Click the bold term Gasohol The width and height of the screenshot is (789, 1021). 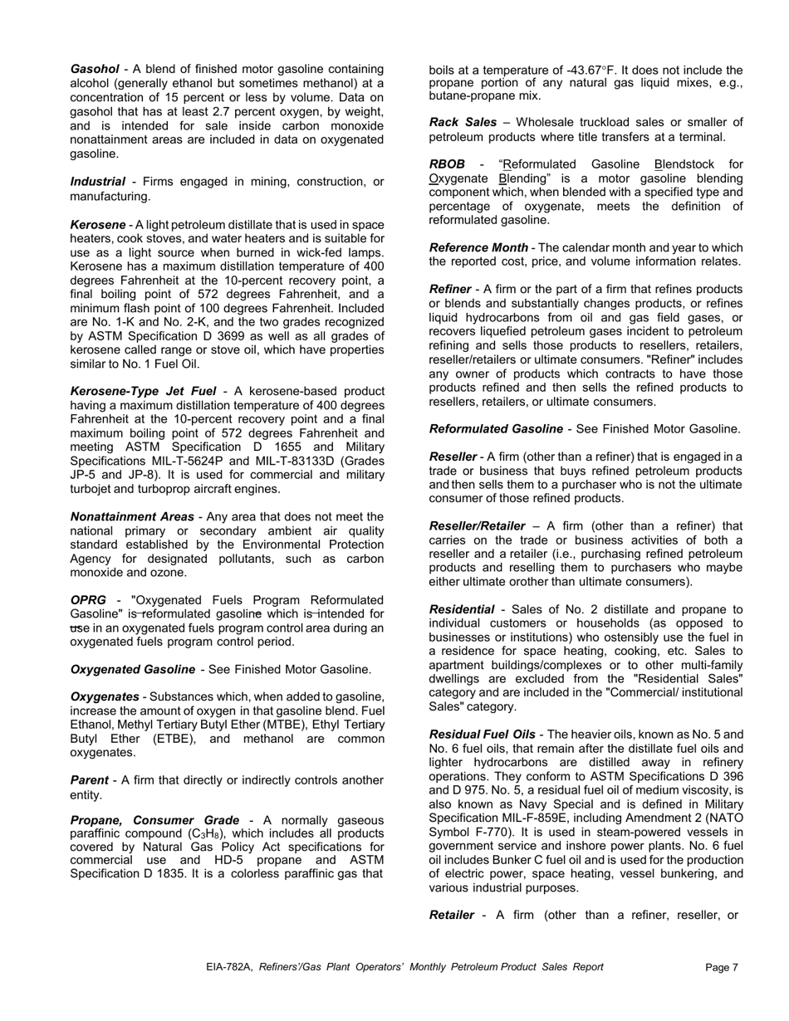[95, 70]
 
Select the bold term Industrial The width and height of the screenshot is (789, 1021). [97, 182]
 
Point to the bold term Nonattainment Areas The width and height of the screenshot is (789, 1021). [132, 517]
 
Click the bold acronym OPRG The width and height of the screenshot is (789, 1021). [88, 600]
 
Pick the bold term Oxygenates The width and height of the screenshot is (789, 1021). [105, 697]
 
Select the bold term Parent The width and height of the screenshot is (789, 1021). [89, 781]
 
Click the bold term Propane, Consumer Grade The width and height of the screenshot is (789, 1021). [154, 820]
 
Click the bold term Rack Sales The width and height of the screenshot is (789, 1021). [463, 123]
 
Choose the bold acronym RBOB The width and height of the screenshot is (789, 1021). [447, 165]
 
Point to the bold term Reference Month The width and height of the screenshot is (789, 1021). [478, 248]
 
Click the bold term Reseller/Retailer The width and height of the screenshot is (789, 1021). [477, 526]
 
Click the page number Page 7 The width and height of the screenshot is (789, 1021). [721, 968]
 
